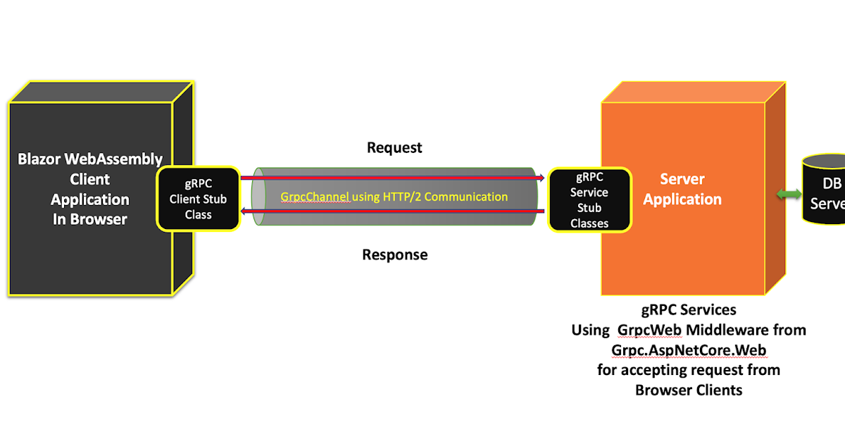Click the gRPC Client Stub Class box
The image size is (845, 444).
click(198, 199)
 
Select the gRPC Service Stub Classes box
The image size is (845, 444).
click(589, 200)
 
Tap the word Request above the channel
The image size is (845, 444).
click(394, 148)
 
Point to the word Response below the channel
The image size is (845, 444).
click(394, 254)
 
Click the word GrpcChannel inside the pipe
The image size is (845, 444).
click(314, 197)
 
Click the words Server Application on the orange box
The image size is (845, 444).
click(682, 189)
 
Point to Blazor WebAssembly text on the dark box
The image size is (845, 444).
click(89, 159)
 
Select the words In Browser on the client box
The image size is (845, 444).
click(89, 219)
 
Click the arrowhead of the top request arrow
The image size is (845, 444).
click(541, 178)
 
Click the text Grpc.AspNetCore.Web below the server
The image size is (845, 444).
click(689, 350)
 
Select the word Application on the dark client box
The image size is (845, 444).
click(89, 199)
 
